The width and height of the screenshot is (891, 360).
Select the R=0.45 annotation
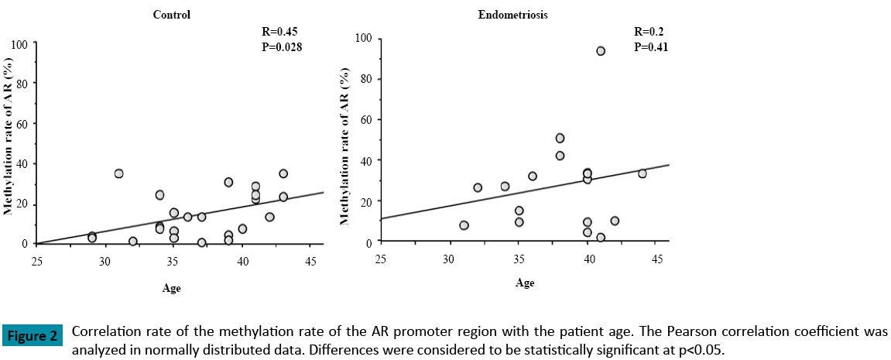(x=279, y=32)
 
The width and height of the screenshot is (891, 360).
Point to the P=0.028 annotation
(x=283, y=46)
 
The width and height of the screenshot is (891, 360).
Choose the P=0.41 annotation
(x=650, y=46)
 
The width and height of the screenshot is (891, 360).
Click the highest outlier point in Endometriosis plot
(x=601, y=51)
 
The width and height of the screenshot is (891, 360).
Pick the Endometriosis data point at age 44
(x=643, y=173)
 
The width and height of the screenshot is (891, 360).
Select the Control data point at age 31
(x=118, y=173)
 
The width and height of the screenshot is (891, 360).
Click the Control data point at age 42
(x=269, y=217)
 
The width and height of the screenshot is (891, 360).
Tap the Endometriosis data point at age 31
(x=464, y=225)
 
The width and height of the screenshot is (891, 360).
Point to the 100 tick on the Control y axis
(x=21, y=43)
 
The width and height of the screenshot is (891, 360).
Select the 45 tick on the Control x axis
(x=310, y=261)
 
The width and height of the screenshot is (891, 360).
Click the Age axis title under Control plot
(x=172, y=288)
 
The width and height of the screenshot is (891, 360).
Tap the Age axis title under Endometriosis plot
(x=525, y=283)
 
